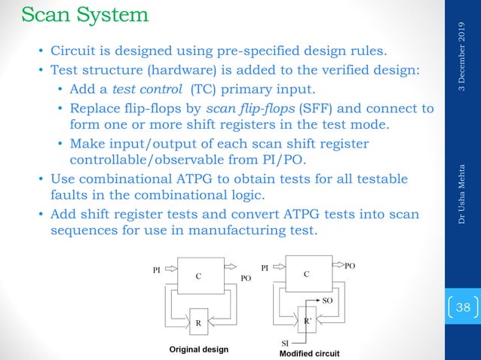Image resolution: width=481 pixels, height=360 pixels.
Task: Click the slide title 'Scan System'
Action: pos(84,14)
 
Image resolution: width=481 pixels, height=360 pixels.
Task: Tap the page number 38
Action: pos(461,307)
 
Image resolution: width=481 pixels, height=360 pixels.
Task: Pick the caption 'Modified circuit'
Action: pos(309,352)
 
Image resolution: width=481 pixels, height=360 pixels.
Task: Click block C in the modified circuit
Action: pos(306,273)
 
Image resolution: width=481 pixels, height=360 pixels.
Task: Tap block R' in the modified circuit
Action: pos(308,320)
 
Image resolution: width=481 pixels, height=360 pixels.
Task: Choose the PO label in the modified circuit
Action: pos(350,267)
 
